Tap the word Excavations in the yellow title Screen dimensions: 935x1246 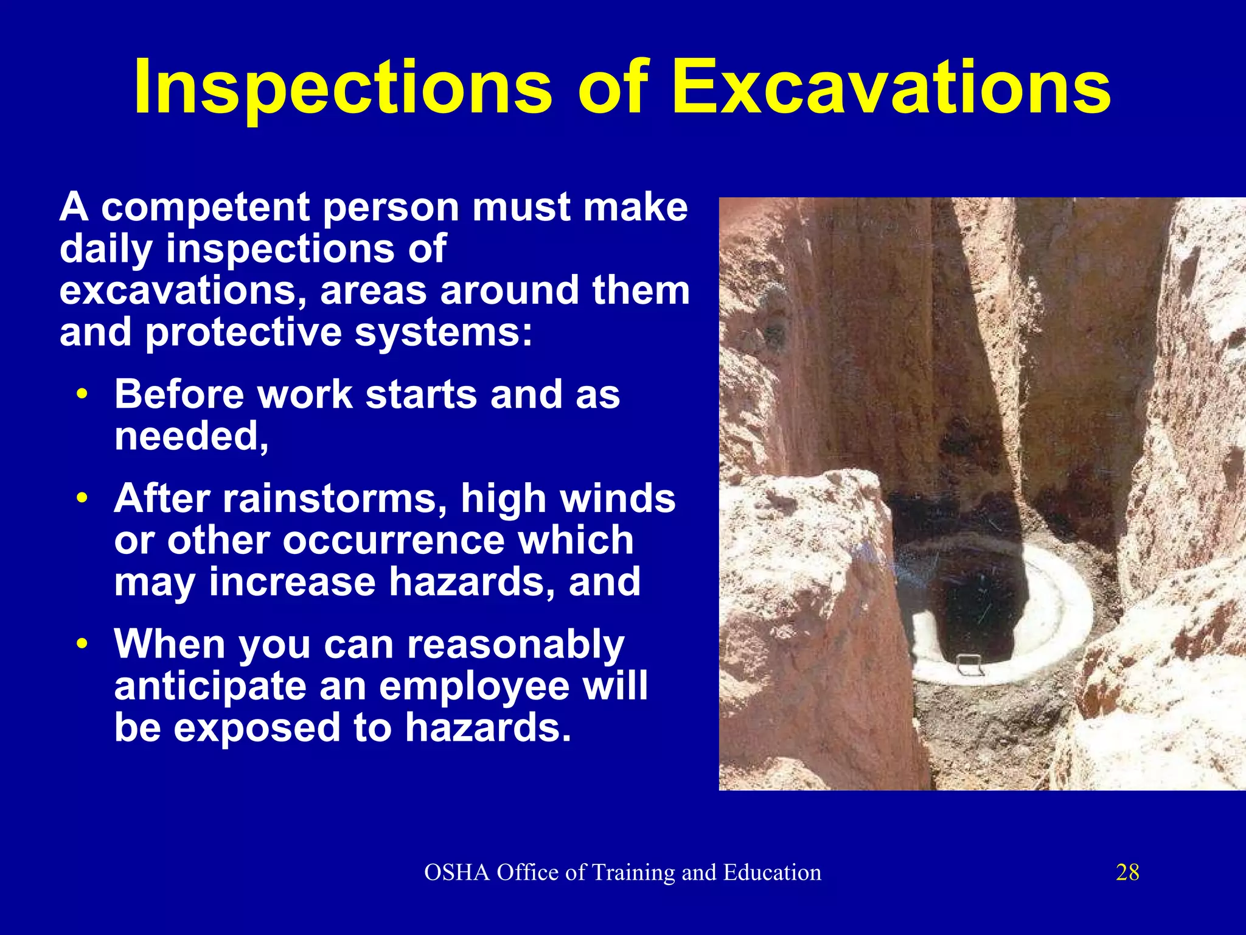[x=891, y=88]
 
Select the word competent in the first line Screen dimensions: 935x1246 [x=205, y=207]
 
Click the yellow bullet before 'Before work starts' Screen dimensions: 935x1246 [x=82, y=394]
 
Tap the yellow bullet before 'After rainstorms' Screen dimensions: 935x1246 [x=82, y=499]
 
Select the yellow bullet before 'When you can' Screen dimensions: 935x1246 [x=82, y=644]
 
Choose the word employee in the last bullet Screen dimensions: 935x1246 [x=474, y=686]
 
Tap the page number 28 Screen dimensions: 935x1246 [x=1127, y=872]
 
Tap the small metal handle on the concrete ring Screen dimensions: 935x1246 [x=970, y=664]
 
